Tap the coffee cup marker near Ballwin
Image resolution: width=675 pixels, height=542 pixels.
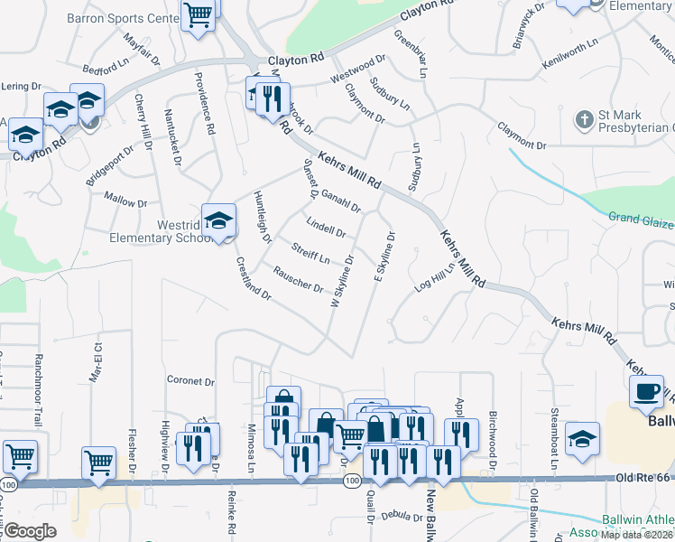(x=645, y=392)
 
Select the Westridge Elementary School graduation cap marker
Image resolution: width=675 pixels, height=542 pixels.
(x=218, y=220)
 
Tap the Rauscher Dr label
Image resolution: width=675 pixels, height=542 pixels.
(x=298, y=281)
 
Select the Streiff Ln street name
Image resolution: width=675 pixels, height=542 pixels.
(x=310, y=253)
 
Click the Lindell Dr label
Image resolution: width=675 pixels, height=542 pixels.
(x=326, y=226)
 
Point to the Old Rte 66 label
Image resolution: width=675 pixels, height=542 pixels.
(x=644, y=476)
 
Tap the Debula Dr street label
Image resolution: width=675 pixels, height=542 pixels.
(x=402, y=517)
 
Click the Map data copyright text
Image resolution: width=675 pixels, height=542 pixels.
(x=636, y=535)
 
